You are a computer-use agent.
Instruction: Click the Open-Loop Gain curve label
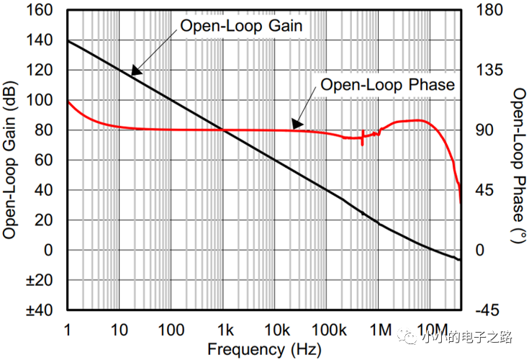[241, 27]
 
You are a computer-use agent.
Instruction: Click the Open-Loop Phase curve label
[387, 85]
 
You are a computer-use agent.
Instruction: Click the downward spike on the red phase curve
[362, 143]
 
